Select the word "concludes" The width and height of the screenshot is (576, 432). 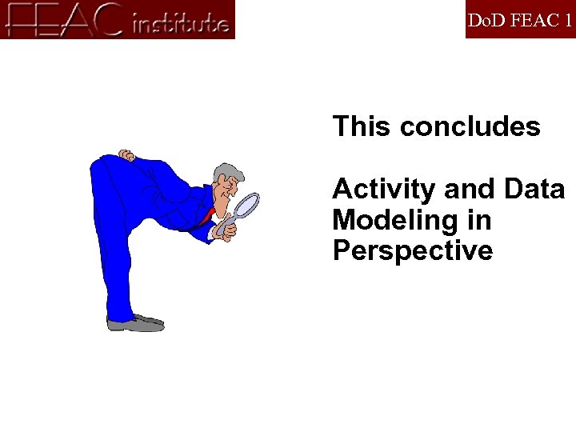[x=470, y=126]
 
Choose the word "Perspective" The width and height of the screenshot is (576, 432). [x=412, y=251]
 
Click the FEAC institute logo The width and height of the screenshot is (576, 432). [x=118, y=19]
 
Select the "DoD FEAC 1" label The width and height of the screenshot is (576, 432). [x=519, y=19]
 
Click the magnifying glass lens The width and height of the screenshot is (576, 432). [x=248, y=205]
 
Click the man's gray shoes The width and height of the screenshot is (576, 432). [x=136, y=323]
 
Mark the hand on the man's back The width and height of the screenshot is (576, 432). [x=126, y=154]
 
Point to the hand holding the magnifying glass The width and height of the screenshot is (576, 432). [x=226, y=230]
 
